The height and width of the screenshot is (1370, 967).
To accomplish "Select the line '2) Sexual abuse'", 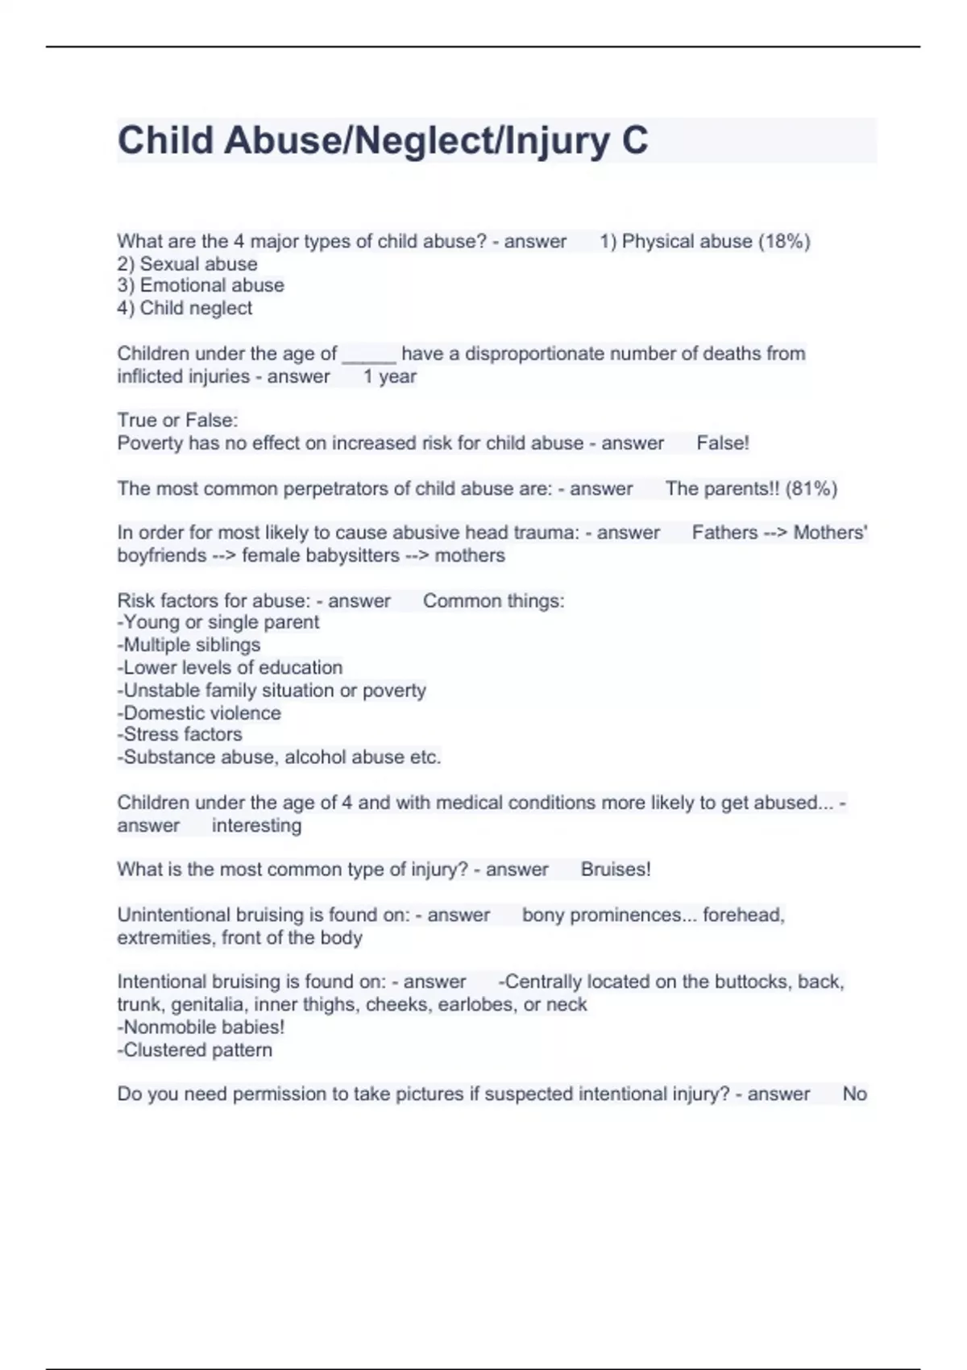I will [x=187, y=264].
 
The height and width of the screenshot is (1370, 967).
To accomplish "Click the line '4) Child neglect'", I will [x=185, y=308].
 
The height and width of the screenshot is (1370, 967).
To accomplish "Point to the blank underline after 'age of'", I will [x=368, y=355].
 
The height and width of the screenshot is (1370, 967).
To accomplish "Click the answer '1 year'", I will [x=389, y=376].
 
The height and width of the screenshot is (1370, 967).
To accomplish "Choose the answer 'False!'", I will [x=722, y=443].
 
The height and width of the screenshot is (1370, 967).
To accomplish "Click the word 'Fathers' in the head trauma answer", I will [x=724, y=533].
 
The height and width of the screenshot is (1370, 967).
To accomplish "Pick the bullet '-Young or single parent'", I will [x=218, y=622].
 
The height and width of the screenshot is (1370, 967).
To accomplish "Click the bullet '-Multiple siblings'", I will [x=189, y=645].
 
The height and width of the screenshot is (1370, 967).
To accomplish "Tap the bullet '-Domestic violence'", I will [x=199, y=713].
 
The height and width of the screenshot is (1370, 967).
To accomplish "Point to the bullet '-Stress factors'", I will [x=180, y=734].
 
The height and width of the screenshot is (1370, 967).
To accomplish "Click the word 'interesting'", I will [x=256, y=825].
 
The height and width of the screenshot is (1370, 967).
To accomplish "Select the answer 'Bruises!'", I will [x=616, y=870].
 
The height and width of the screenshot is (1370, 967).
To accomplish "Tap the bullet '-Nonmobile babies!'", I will [x=201, y=1027].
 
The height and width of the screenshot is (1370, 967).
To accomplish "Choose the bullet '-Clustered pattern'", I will [x=195, y=1050].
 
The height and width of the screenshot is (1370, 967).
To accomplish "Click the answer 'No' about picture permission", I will [x=854, y=1094].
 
